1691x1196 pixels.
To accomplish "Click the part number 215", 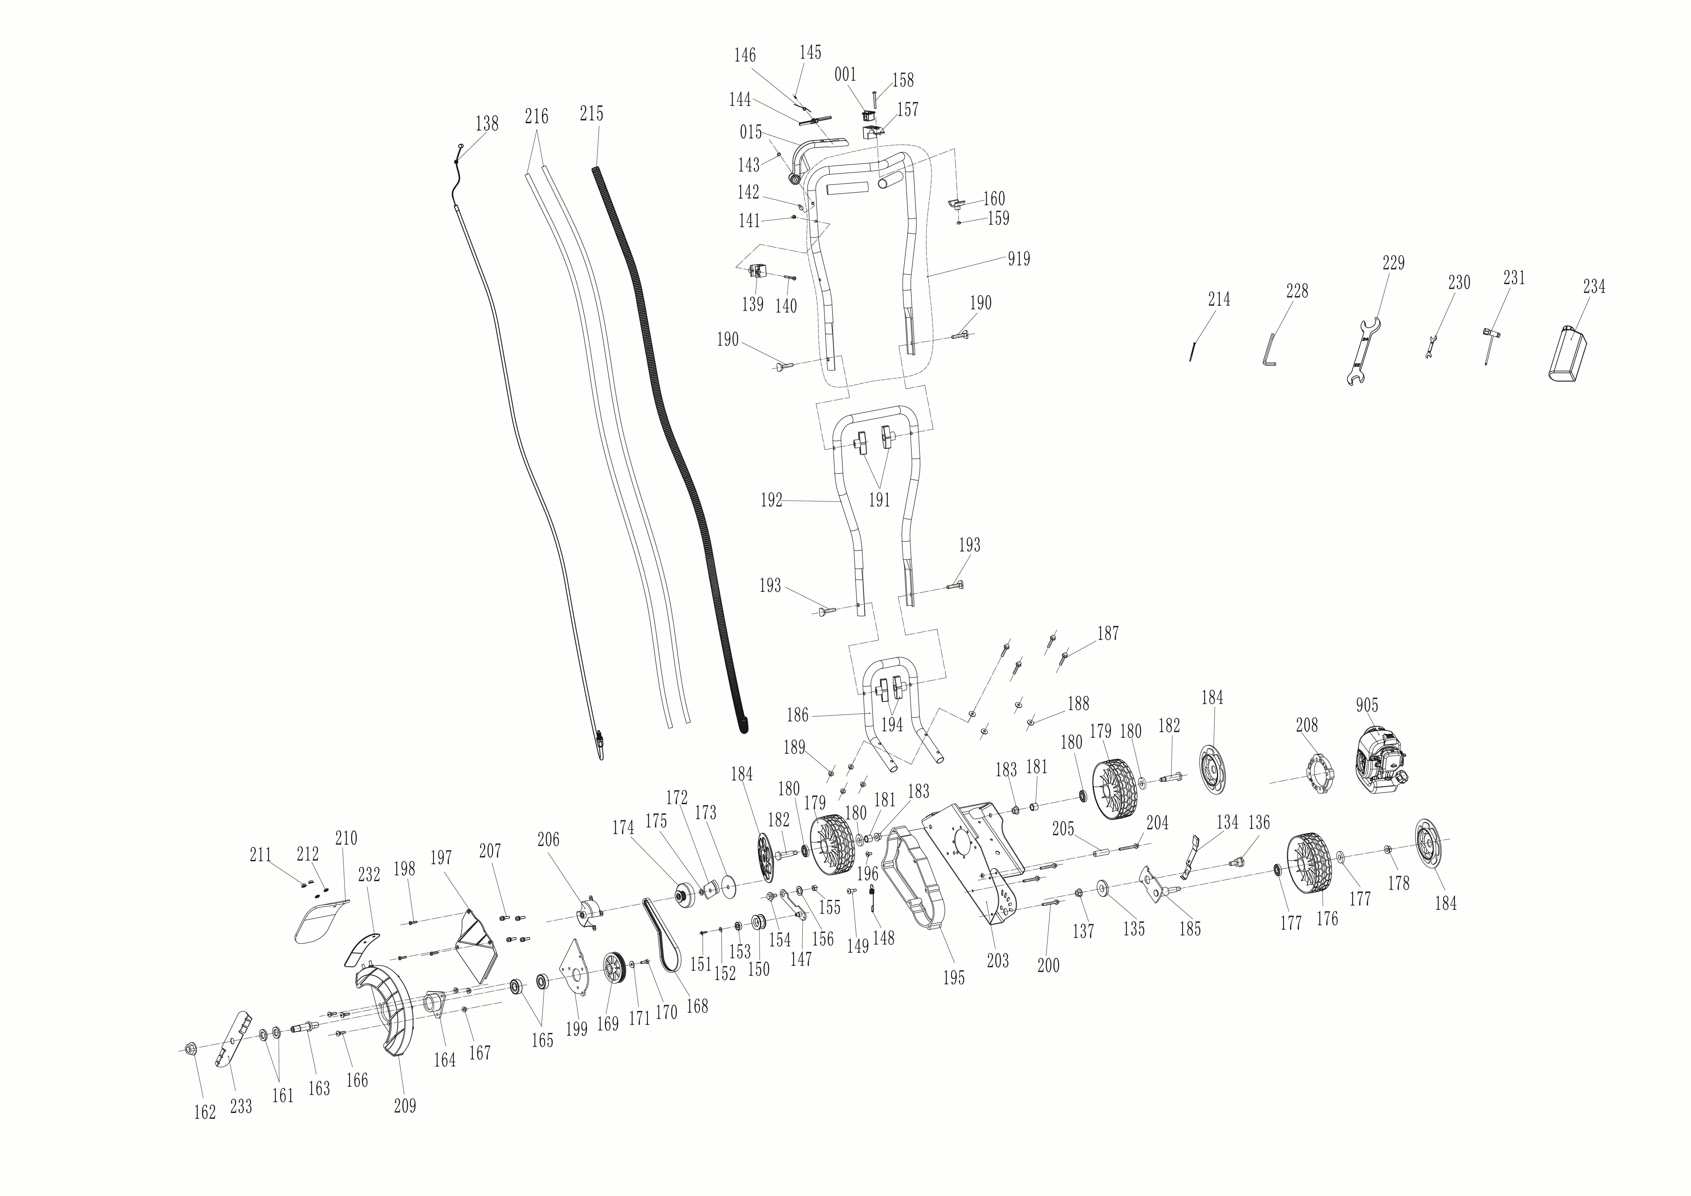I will [x=591, y=114].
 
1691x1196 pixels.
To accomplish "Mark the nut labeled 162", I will [x=189, y=1048].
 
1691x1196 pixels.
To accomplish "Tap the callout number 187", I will [x=1108, y=633].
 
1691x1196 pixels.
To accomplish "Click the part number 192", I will [x=771, y=501].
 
